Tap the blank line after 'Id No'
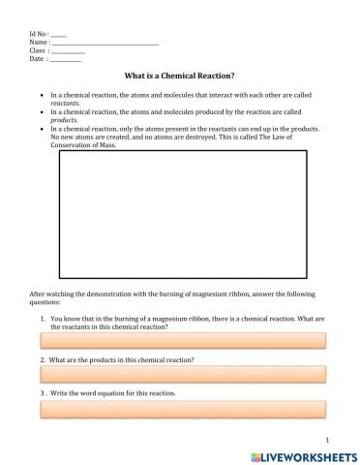59,35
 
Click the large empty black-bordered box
185,214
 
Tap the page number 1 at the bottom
329,438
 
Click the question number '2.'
44,359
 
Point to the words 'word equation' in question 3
104,393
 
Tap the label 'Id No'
39,35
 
